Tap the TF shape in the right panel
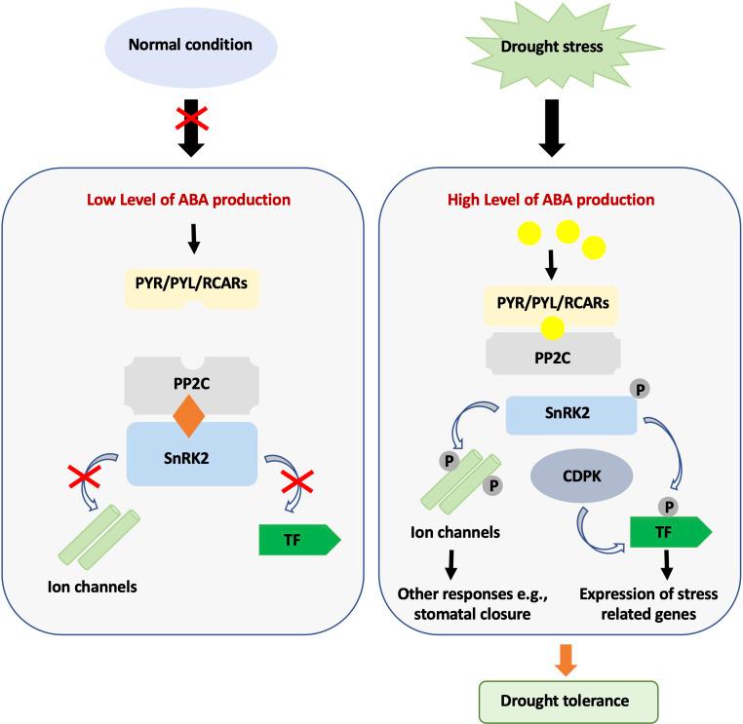[663, 534]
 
